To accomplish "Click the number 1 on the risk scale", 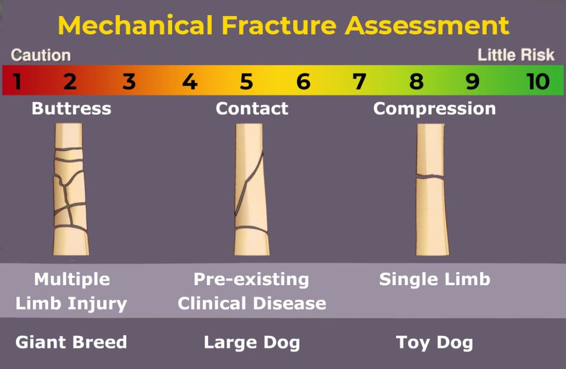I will pyautogui.click(x=17, y=82).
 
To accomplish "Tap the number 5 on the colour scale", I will pyautogui.click(x=246, y=82).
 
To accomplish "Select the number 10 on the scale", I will pyautogui.click(x=538, y=82).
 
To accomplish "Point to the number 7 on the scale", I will pyautogui.click(x=359, y=82).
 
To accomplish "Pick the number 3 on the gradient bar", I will pyautogui.click(x=129, y=82).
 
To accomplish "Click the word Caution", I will pyautogui.click(x=41, y=55).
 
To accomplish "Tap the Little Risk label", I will pyautogui.click(x=516, y=55).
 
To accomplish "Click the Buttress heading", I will pyautogui.click(x=71, y=109).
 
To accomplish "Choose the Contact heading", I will pyautogui.click(x=252, y=109).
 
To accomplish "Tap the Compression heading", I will pyautogui.click(x=434, y=109).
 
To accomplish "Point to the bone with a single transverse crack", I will pyautogui.click(x=431, y=189).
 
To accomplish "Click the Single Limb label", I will pyautogui.click(x=434, y=279).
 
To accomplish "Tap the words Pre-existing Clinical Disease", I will pyautogui.click(x=252, y=291).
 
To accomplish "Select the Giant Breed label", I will pyautogui.click(x=71, y=342).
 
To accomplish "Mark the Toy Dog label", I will pyautogui.click(x=434, y=343).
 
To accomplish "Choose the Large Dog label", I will pyautogui.click(x=252, y=343).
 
